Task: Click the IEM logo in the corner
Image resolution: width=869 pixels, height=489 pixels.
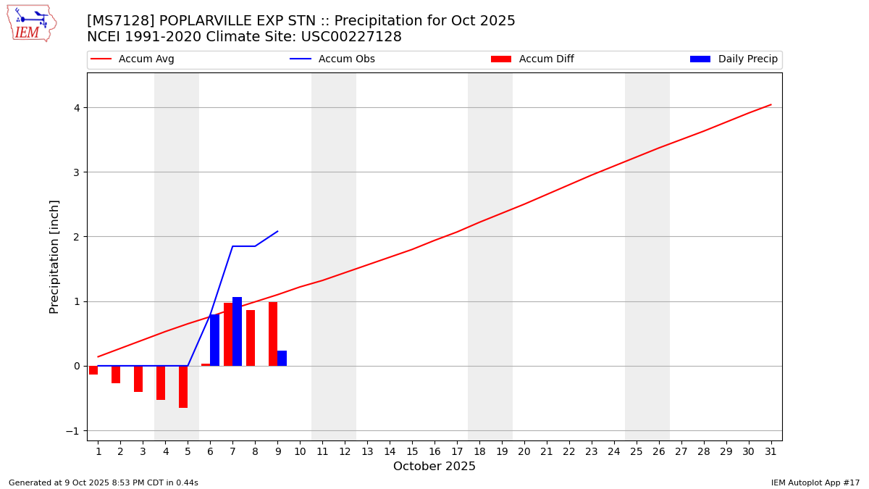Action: (31, 23)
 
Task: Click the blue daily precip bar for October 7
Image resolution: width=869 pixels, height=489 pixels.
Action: (237, 332)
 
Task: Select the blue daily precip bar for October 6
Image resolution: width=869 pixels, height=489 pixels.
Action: (214, 340)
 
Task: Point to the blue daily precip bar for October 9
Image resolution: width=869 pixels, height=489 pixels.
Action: (282, 359)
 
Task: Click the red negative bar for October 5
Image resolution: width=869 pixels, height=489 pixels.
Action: (183, 387)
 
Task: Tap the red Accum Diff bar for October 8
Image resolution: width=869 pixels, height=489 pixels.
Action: (251, 338)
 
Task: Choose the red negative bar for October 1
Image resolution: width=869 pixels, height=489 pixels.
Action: (93, 370)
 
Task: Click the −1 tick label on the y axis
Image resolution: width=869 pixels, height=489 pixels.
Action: (72, 431)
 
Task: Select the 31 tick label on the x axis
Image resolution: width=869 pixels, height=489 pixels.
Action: (771, 451)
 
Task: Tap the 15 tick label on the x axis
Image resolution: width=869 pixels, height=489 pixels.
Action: (412, 451)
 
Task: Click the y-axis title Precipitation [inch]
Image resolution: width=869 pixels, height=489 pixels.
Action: (55, 256)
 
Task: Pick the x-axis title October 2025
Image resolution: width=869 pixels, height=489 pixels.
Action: (434, 467)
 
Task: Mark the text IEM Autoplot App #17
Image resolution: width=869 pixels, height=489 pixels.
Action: (815, 482)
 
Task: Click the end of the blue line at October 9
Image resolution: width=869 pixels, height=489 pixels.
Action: (278, 231)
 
